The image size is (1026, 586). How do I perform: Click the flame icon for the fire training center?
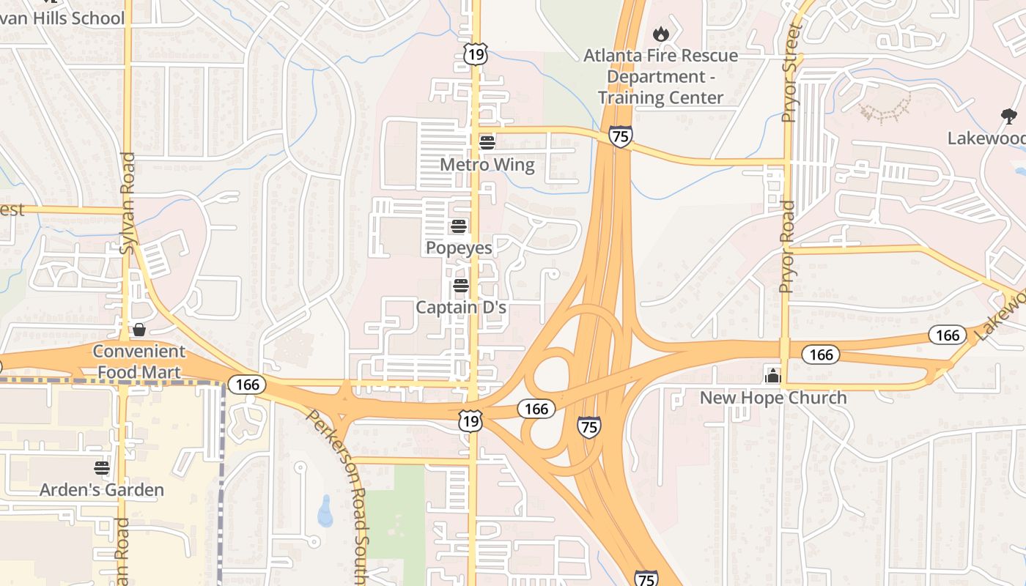click(x=661, y=34)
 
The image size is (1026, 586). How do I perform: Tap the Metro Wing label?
click(x=487, y=165)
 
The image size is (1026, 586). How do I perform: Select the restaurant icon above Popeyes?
click(x=459, y=226)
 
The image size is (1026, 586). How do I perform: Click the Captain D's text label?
click(x=461, y=308)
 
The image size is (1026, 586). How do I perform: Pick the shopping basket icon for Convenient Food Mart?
click(x=139, y=330)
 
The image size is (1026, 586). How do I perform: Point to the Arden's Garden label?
click(x=102, y=490)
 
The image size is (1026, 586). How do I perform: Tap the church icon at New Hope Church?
click(x=772, y=376)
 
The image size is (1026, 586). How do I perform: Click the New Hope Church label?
click(x=773, y=398)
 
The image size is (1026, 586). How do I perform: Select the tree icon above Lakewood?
click(x=1008, y=116)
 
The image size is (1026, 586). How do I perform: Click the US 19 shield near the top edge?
click(x=475, y=53)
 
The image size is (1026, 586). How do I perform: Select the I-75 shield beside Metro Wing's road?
click(x=620, y=136)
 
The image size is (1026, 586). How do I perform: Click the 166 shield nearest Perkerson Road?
click(x=247, y=384)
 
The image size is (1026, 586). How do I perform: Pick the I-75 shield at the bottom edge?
click(x=645, y=579)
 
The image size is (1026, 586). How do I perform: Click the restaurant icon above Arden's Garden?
click(x=102, y=467)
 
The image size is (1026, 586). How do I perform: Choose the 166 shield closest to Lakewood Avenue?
click(x=947, y=335)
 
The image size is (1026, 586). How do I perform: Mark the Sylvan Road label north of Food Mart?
click(x=128, y=203)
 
